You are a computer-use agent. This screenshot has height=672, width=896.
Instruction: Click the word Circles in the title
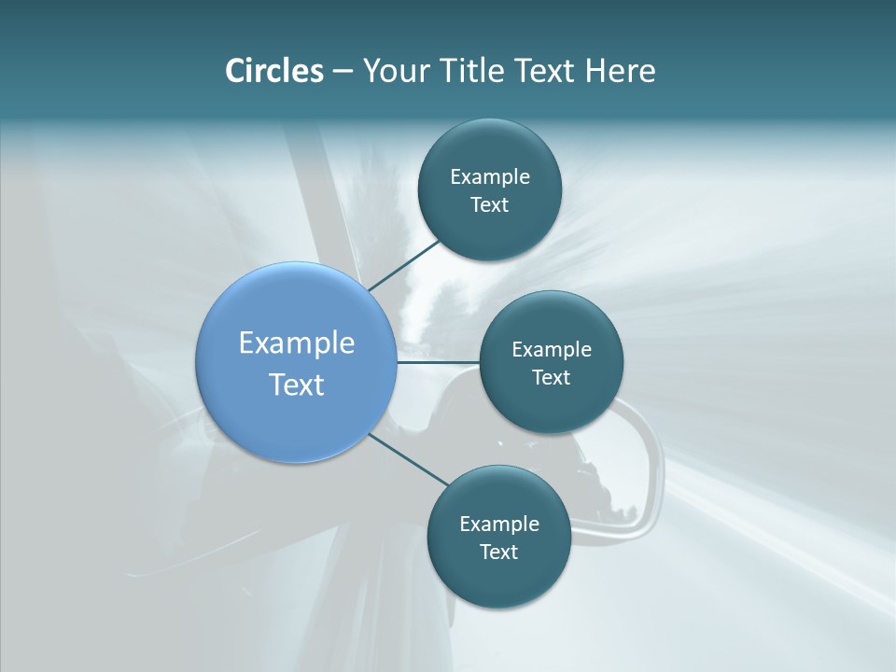pyautogui.click(x=273, y=70)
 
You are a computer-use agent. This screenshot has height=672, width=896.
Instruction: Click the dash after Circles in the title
pyautogui.click(x=343, y=71)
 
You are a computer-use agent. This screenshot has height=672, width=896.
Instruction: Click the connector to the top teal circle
pyautogui.click(x=403, y=265)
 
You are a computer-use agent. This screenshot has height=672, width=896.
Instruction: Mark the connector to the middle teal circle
pyautogui.click(x=438, y=362)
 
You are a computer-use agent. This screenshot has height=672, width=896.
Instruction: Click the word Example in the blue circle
pyautogui.click(x=297, y=343)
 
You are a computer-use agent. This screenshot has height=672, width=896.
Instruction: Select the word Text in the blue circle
pyautogui.click(x=297, y=385)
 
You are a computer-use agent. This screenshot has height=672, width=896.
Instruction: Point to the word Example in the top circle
pyautogui.click(x=490, y=176)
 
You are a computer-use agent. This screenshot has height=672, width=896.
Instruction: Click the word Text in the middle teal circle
pyautogui.click(x=552, y=378)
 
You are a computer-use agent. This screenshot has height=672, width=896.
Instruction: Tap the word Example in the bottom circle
pyautogui.click(x=499, y=524)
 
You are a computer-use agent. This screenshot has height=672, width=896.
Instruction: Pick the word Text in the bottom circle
pyautogui.click(x=499, y=552)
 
